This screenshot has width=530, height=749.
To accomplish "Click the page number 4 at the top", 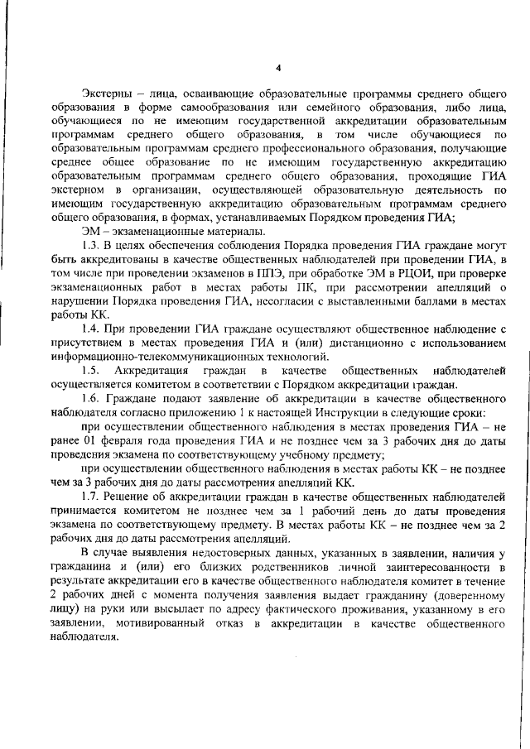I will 278,68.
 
